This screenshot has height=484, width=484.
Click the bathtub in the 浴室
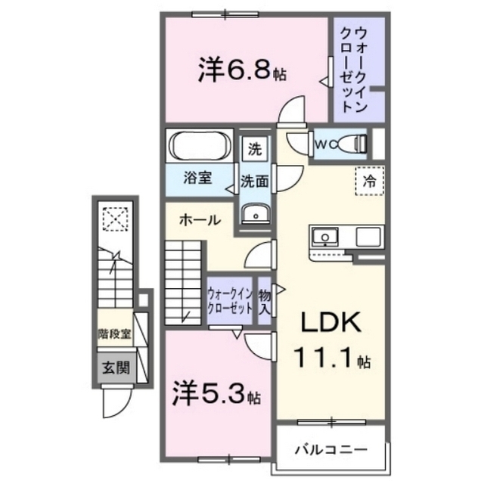[200, 146]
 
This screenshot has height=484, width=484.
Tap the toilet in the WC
[352, 144]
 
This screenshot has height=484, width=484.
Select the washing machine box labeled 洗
[255, 150]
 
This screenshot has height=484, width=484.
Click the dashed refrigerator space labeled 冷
[370, 181]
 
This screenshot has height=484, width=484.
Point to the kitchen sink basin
[324, 237]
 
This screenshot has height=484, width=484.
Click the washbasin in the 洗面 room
[256, 213]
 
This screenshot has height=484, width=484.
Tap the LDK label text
[331, 323]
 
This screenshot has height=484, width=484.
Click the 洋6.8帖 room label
[242, 71]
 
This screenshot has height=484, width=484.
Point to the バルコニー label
[331, 449]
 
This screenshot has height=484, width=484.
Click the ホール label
[200, 220]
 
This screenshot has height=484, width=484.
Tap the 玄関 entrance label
[116, 368]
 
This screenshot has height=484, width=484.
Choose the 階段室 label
[114, 334]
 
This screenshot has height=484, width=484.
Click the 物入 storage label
[265, 302]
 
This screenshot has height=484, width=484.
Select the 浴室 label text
[197, 178]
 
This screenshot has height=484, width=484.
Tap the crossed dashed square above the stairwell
[116, 219]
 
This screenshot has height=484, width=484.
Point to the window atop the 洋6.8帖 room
[225, 14]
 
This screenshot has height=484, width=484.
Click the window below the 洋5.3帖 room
[228, 460]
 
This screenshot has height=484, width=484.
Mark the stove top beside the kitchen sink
[368, 237]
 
